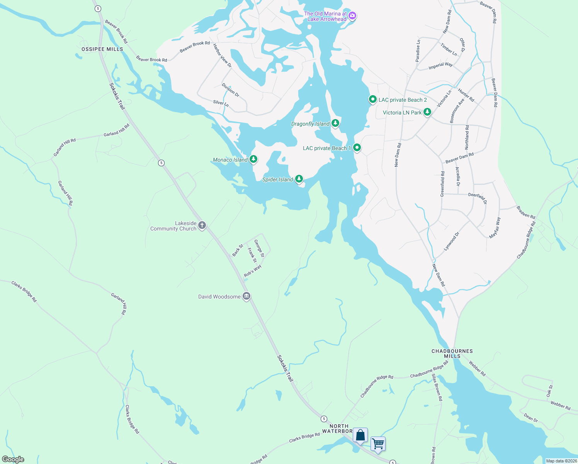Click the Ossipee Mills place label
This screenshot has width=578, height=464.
[x=102, y=49]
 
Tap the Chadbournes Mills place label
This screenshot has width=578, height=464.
[x=452, y=353]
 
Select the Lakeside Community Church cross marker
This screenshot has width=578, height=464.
[x=202, y=225]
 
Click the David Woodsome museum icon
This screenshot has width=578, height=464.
[x=246, y=296]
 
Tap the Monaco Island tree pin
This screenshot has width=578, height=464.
[x=253, y=159]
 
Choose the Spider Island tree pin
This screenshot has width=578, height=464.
[x=299, y=179]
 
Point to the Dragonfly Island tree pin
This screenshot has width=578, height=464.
[x=335, y=123]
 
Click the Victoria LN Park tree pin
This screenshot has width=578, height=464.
[x=427, y=112]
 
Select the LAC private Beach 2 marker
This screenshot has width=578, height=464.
[x=372, y=99]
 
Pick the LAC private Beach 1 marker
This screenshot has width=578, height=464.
[x=357, y=147]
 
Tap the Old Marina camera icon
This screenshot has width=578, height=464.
[x=352, y=16]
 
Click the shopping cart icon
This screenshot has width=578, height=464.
[x=378, y=443]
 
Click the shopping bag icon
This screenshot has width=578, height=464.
[x=360, y=435]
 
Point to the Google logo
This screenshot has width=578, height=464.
[x=13, y=459]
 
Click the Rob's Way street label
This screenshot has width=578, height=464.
[x=253, y=271]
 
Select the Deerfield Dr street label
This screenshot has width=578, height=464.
[x=478, y=198]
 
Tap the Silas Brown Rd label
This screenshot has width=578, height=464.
[x=436, y=387]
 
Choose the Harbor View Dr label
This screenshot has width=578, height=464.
[x=222, y=55]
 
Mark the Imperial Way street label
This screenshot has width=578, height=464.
[x=440, y=66]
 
